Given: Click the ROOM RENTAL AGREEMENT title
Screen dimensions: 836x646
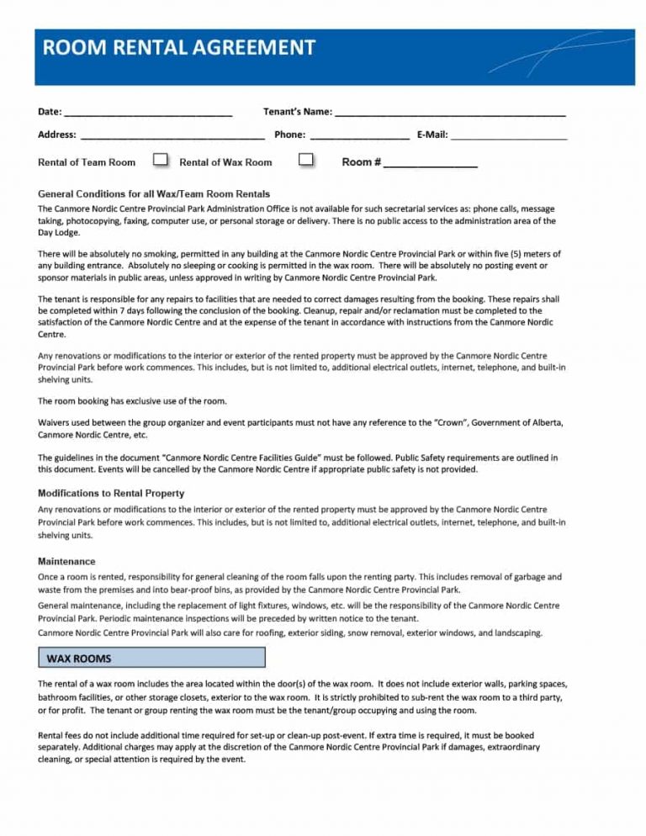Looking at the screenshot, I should point(176,48).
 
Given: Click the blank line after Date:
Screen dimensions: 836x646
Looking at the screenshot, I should point(148,112).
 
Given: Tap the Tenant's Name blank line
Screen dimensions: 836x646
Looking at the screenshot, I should point(449,112).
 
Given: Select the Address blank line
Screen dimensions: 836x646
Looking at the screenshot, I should point(172,135).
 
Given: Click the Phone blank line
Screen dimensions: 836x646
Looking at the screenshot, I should point(359,135).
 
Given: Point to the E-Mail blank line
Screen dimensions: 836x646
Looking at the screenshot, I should point(509,135).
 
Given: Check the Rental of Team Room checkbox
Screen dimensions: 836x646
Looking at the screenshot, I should point(160,160).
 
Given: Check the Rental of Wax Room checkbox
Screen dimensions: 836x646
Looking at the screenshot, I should point(306,160).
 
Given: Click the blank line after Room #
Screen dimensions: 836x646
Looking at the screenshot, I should point(431,163).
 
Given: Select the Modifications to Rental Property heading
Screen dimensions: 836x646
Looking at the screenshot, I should point(111,493).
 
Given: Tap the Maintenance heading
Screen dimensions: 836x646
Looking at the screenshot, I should point(66,561).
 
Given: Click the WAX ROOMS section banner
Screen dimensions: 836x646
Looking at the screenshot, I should point(151,657).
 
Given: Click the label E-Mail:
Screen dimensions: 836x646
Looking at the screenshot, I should point(432,135).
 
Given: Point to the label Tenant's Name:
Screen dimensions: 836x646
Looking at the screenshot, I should point(297,112).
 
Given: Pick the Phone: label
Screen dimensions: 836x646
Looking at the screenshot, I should point(289,135).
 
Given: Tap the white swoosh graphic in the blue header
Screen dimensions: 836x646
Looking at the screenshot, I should point(547,55).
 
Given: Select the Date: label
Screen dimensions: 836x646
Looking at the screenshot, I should point(50,112).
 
